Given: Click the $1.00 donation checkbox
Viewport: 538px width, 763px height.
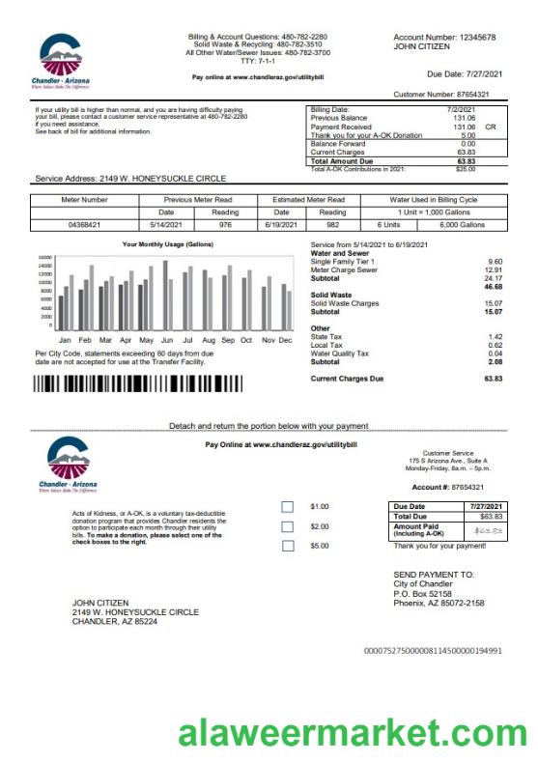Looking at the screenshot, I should pos(287,507).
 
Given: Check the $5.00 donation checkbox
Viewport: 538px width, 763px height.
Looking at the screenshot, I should pos(287,546).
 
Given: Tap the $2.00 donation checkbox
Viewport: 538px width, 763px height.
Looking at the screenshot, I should pos(287,526).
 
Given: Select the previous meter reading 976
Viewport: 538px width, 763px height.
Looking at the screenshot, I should pos(225,224).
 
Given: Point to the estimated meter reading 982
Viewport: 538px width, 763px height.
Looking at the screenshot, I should pos(331,224).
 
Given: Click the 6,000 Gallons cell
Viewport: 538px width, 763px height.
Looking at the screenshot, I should pos(463,224).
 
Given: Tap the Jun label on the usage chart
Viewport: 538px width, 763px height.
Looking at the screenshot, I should pos(167,341).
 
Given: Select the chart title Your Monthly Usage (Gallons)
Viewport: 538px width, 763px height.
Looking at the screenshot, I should pos(168,245).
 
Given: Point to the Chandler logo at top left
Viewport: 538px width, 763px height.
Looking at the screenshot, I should pos(63,61).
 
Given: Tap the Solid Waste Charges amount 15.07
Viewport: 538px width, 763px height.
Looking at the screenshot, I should pos(493,304).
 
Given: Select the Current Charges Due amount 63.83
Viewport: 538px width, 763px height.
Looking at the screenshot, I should pos(493,379).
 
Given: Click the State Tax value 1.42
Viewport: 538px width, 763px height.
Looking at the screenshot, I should pos(495,336).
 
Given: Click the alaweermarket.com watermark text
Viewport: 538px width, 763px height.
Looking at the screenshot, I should pos(352,735).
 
